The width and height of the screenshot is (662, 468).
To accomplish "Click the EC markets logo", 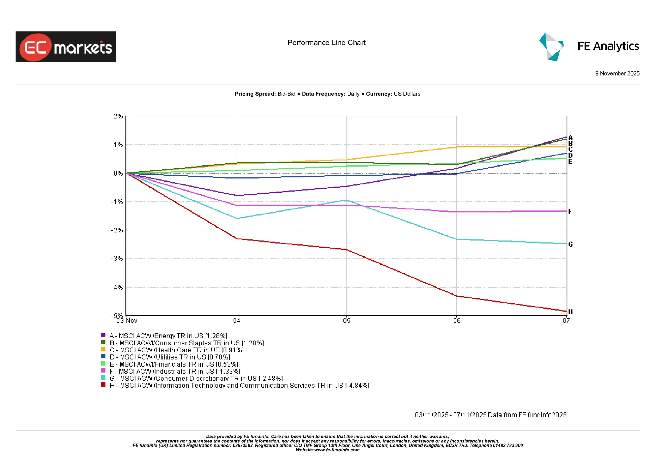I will (x=66, y=47).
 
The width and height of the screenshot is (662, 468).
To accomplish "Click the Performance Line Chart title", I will (x=326, y=43).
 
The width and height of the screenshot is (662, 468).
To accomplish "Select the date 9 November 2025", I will (x=617, y=73).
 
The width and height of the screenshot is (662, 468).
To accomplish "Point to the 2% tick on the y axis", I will (x=118, y=116).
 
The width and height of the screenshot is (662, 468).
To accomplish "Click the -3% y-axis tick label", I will (x=117, y=258).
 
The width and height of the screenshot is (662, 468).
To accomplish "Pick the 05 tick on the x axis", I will (x=347, y=321).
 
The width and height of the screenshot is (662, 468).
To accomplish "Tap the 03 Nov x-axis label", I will (x=127, y=321).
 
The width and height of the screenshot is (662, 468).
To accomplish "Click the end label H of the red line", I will (x=570, y=312).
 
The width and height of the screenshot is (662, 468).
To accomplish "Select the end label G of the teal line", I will (x=570, y=244).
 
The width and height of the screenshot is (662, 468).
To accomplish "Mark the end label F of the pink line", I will (x=570, y=212).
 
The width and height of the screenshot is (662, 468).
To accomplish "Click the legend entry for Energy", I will (x=168, y=336).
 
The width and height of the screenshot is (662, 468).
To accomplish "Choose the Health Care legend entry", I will (x=176, y=350).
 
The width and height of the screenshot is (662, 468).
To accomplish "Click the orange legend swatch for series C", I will (x=103, y=349).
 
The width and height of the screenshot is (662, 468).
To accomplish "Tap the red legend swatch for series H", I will (x=103, y=385).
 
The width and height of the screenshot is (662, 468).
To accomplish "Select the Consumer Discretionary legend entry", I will (x=196, y=378).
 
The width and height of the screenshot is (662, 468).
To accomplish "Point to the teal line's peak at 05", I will (x=347, y=200).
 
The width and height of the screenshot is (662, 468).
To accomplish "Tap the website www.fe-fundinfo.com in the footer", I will (x=336, y=450).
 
